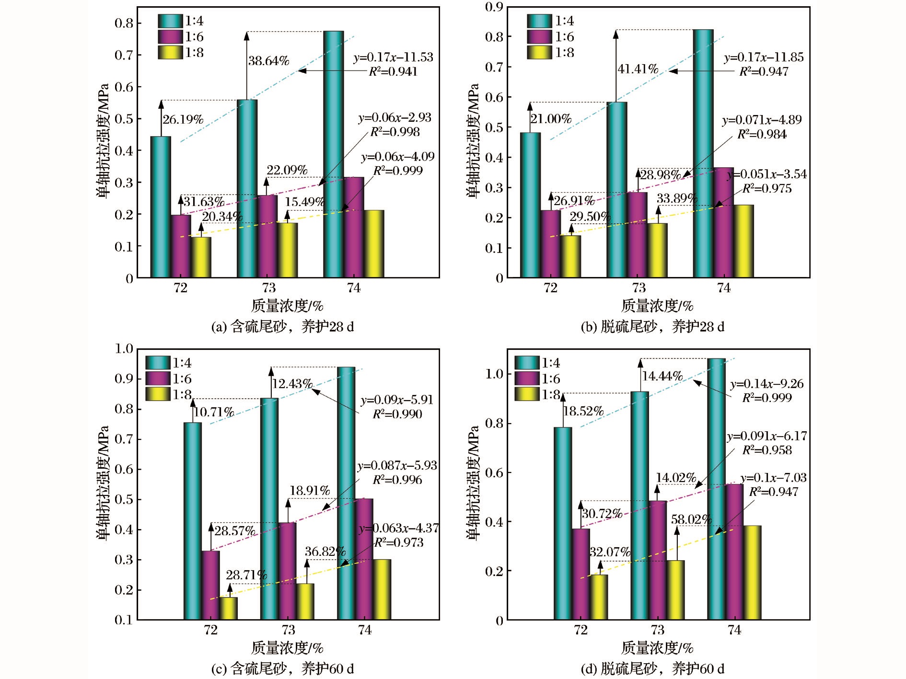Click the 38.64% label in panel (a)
point(268,61)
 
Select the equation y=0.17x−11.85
point(764,58)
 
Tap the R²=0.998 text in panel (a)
point(395,132)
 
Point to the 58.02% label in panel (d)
point(691,519)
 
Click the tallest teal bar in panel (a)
point(333,153)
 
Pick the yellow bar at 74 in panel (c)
point(382,589)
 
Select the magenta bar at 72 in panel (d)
point(581,574)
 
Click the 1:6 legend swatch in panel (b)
point(539,37)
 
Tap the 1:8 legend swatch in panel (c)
point(158,394)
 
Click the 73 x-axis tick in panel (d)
point(657,630)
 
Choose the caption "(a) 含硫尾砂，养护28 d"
point(282,327)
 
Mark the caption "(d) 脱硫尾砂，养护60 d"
point(652,668)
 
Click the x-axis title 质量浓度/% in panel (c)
point(287,648)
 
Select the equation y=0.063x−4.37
point(399,528)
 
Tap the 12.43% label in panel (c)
point(292,384)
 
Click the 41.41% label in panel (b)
point(638,69)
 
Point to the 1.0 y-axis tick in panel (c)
point(124,349)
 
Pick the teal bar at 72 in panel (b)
point(531,205)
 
